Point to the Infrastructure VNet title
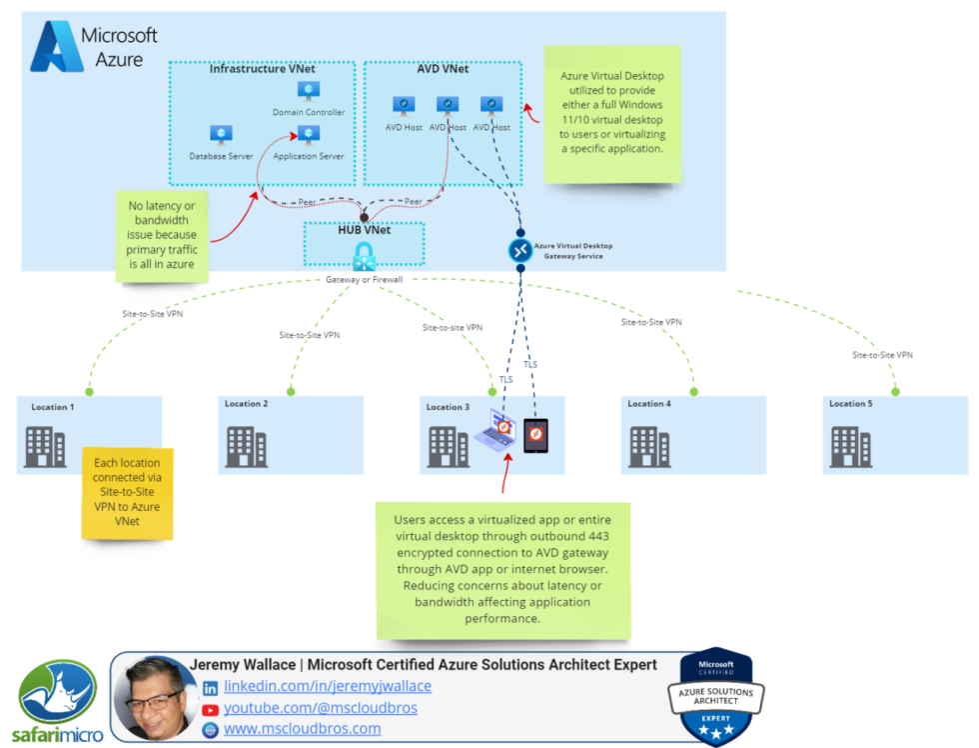[x=262, y=69]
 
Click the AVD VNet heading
[x=443, y=69]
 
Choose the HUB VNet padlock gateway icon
[x=364, y=256]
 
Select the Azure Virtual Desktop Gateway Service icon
[x=520, y=250]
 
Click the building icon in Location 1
[x=45, y=447]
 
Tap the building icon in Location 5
[x=851, y=447]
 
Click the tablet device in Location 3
[x=536, y=435]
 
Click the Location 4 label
[x=649, y=404]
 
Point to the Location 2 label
[x=246, y=404]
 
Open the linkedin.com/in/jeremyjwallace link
[x=328, y=687]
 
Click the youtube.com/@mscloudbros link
[x=320, y=708]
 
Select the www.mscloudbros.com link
[x=302, y=729]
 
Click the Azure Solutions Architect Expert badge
[x=715, y=697]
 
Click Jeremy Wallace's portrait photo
[x=154, y=697]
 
